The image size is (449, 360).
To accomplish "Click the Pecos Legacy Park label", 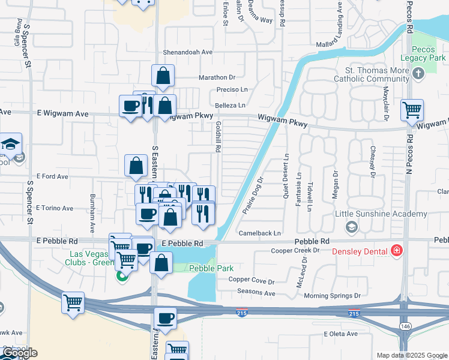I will (429, 53).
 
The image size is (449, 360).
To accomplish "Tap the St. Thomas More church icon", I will (418, 74).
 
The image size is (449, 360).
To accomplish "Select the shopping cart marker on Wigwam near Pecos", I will (412, 110).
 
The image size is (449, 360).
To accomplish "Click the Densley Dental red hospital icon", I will (396, 250).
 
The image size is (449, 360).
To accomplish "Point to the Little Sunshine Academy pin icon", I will (351, 227).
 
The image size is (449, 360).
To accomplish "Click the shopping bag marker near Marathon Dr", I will (163, 76).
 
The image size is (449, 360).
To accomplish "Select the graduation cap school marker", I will (11, 145).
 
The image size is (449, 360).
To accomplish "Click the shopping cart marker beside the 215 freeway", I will (73, 303).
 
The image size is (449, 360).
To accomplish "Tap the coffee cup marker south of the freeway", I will (165, 318).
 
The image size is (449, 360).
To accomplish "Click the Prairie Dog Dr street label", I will (253, 196).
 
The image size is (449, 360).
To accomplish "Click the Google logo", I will (19, 353).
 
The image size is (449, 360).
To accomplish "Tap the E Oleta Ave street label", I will (340, 334).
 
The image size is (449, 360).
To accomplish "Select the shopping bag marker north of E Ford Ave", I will (136, 165).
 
